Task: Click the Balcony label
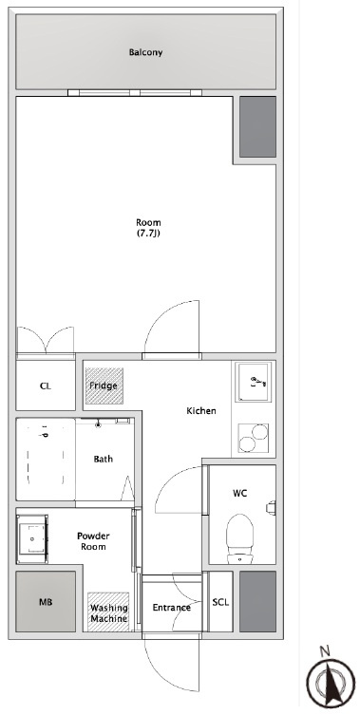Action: point(145,52)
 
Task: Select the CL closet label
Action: point(46,386)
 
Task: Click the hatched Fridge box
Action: point(104,386)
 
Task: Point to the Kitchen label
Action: point(201,411)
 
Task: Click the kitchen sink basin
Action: point(254,382)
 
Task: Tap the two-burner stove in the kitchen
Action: point(254,438)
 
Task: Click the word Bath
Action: point(104,459)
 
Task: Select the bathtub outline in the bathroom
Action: point(46,459)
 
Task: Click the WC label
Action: point(239,493)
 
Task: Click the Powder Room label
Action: point(93,541)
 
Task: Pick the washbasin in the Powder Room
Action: point(32,539)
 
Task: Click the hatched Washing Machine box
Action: point(108,612)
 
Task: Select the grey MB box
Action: point(46,601)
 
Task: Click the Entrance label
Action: point(172,608)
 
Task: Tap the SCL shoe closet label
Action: point(220,602)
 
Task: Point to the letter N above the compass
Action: point(325,651)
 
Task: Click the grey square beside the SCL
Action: point(257,601)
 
